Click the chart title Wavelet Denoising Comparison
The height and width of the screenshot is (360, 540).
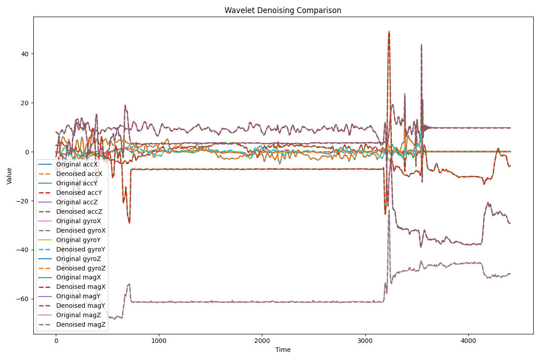[283, 10]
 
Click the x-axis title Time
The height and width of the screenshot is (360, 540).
[283, 350]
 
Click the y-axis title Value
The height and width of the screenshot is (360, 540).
[9, 175]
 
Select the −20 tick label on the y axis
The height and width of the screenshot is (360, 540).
[25, 201]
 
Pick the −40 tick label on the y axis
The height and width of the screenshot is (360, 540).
[25, 250]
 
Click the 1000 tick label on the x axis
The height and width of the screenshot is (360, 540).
[159, 341]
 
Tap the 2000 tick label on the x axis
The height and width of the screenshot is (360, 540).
[262, 341]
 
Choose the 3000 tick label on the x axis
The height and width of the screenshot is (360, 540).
[365, 341]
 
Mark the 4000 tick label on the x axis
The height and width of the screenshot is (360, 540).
[468, 341]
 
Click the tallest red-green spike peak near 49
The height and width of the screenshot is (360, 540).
[389, 32]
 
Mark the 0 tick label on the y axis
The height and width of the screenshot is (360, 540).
[28, 152]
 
